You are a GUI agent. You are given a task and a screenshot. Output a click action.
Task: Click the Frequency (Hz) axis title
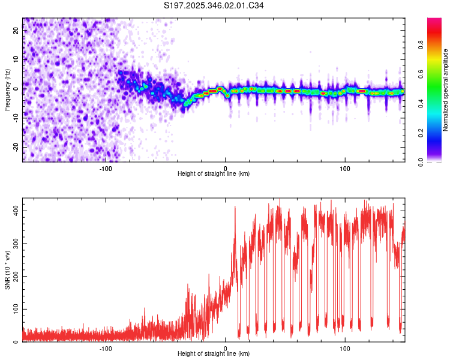click(x=7, y=89)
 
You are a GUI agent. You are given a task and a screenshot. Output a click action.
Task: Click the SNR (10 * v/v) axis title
click(x=7, y=271)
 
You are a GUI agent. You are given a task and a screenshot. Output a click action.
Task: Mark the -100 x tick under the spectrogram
click(x=106, y=167)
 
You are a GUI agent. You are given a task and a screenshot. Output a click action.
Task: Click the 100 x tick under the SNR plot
click(x=345, y=347)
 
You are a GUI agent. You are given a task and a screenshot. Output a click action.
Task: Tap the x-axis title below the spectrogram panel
click(x=214, y=174)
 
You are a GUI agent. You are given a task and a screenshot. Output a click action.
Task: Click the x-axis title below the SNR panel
click(x=214, y=354)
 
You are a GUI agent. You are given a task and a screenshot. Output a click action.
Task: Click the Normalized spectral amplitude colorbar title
click(x=446, y=89)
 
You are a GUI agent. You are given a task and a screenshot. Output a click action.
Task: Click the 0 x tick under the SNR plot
click(x=226, y=347)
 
